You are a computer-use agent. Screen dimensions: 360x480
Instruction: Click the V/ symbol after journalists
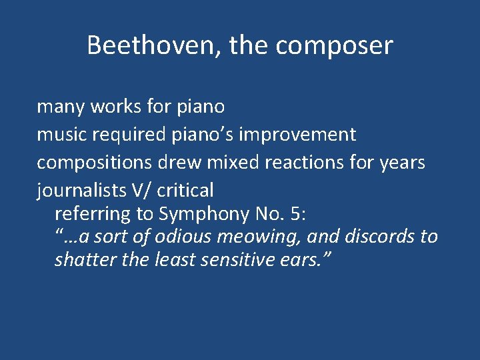click(141, 191)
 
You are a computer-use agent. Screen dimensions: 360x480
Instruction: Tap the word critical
click(185, 191)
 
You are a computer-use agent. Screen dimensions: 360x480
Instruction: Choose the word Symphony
click(203, 214)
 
